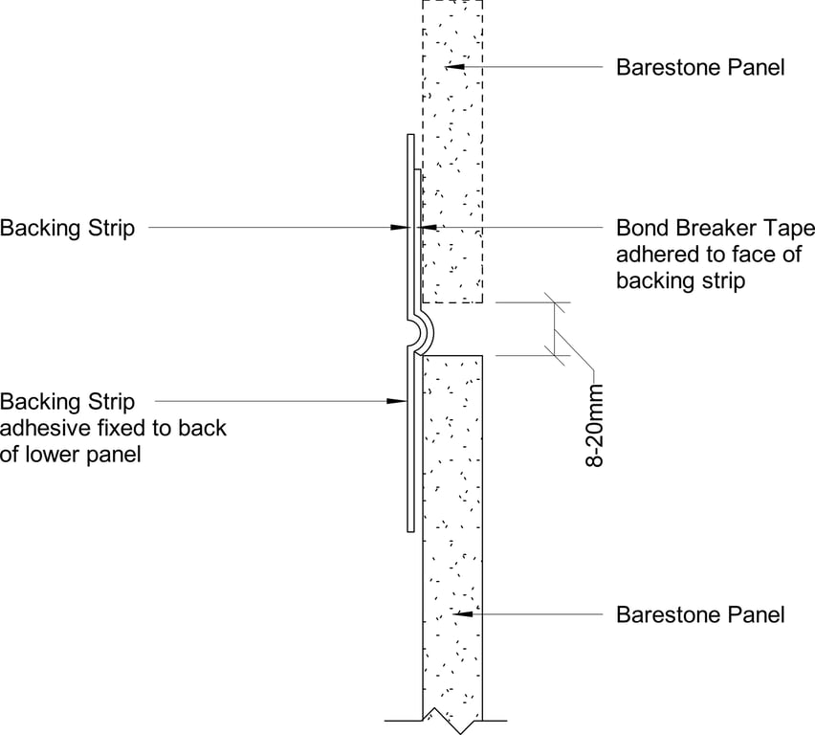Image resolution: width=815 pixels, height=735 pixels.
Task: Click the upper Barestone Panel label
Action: coord(700,67)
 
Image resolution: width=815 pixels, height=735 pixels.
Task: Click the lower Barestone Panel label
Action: coord(700,613)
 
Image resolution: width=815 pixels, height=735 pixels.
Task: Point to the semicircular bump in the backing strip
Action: coord(421,331)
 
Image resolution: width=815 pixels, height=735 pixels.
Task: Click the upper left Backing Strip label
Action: coord(67,228)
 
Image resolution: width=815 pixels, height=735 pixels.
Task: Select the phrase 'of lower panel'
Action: coord(71,454)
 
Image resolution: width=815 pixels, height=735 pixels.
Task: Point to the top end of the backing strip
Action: coord(408,138)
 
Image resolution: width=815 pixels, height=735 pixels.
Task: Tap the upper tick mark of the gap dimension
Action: coord(553,303)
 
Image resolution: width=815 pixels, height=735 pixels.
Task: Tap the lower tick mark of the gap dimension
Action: coord(553,356)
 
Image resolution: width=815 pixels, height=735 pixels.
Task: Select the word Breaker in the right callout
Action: coord(719,229)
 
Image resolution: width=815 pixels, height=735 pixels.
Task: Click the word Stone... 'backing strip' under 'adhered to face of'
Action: coord(680,281)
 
